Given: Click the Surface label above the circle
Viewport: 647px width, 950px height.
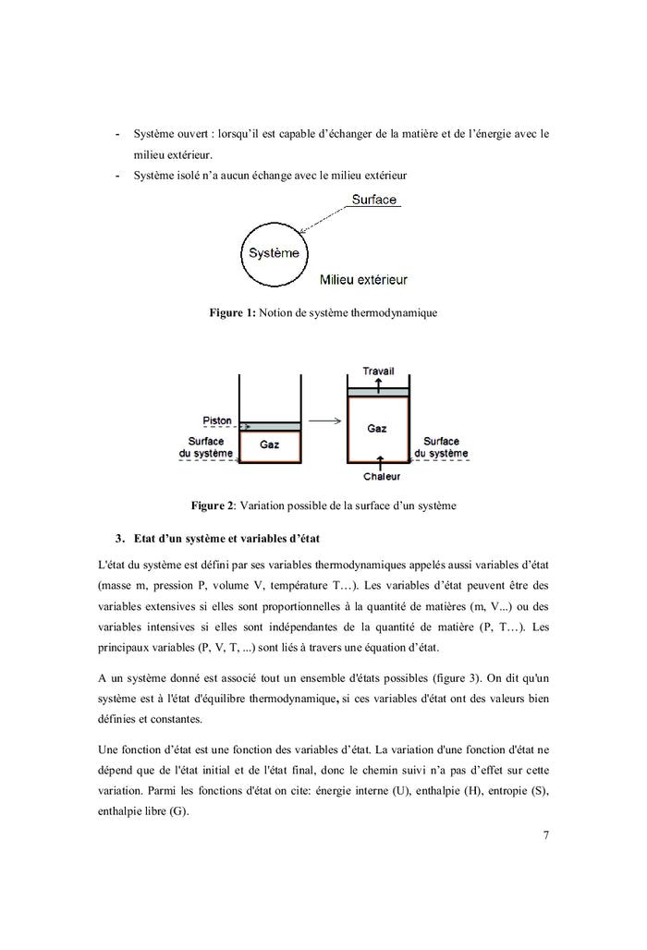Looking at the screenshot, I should (x=373, y=200).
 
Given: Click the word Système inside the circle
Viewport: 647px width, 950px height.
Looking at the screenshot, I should (x=274, y=253).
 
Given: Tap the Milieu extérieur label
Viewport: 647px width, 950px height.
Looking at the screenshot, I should (x=363, y=279).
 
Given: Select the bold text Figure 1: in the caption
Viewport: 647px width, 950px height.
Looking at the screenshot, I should (x=232, y=313).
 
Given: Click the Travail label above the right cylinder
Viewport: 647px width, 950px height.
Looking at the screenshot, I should (x=377, y=371).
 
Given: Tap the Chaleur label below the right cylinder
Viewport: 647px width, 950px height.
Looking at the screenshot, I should (x=381, y=477).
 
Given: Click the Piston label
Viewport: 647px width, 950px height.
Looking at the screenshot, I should (x=216, y=421).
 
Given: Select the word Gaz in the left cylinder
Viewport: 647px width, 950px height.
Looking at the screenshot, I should (x=269, y=445).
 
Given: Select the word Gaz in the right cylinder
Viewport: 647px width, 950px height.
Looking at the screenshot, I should (x=377, y=428).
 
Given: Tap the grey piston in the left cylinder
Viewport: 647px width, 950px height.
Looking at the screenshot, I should (x=270, y=426).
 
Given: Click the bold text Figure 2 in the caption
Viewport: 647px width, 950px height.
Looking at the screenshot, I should (x=213, y=506).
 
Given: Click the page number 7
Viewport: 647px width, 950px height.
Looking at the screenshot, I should (x=546, y=836).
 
